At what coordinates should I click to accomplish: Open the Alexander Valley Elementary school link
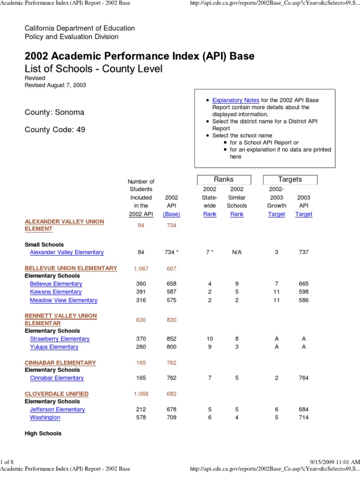[x=67, y=252]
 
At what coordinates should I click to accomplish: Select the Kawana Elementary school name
[x=56, y=292]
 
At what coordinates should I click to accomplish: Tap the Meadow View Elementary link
[x=63, y=300]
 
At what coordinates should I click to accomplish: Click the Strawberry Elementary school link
[x=60, y=339]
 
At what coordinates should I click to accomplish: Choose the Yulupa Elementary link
[x=54, y=347]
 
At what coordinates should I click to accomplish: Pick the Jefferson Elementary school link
[x=57, y=410]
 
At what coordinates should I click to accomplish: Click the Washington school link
[x=45, y=418]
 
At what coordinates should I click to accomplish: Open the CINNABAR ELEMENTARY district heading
[x=60, y=363]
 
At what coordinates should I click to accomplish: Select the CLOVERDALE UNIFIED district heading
[x=56, y=394]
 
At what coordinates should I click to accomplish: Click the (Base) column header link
[x=172, y=214]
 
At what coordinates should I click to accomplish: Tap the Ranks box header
[x=224, y=180]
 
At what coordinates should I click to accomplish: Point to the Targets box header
[x=290, y=180]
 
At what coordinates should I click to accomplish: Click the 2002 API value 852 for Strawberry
[x=172, y=339]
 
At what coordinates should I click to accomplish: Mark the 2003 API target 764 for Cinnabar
[x=304, y=378]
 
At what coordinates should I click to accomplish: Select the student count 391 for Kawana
[x=141, y=292]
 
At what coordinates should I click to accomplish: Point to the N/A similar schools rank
[x=237, y=252]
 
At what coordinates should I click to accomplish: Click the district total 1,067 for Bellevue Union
[x=141, y=268]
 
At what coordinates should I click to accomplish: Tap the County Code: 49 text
[x=55, y=130]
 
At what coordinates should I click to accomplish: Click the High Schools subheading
[x=43, y=434]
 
